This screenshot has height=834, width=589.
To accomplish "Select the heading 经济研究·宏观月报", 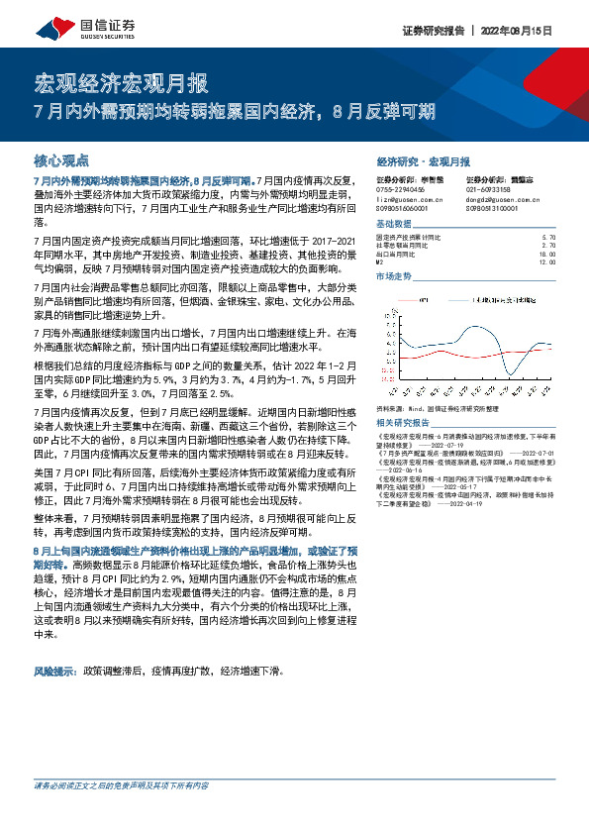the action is (424, 159).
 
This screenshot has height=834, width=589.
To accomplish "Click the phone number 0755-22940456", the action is (401, 189).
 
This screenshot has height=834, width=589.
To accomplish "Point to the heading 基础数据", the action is (395, 224).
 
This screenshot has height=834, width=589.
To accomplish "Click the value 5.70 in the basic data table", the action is (549, 239).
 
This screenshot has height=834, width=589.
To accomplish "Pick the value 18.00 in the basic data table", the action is (547, 255).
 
